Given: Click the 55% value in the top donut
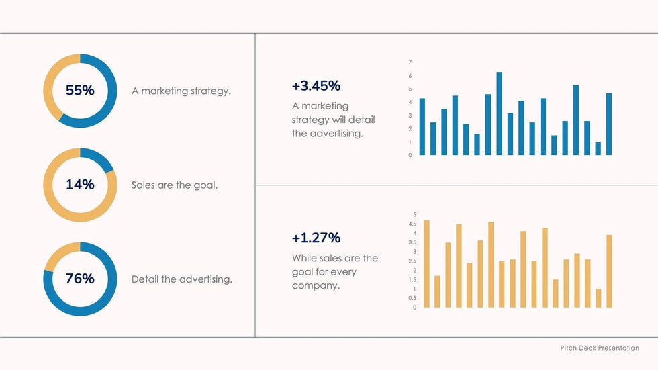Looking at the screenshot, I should (x=80, y=90).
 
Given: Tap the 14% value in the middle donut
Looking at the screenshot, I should (x=80, y=185).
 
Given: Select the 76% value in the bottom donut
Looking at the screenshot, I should (x=80, y=279).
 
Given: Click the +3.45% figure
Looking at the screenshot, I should (x=316, y=86).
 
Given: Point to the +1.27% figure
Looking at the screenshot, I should (x=316, y=238).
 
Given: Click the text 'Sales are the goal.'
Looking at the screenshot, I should (x=175, y=185).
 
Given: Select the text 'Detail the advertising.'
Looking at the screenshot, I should (x=182, y=279).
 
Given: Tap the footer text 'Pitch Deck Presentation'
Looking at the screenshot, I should (x=600, y=348).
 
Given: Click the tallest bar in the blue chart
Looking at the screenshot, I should (x=499, y=113).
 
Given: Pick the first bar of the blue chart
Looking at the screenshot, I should (x=422, y=127).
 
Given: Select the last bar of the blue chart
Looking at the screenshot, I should (x=609, y=124).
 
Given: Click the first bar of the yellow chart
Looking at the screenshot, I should (x=426, y=264).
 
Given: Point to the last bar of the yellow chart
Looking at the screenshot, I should (x=609, y=271).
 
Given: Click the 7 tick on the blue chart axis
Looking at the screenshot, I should (x=410, y=62).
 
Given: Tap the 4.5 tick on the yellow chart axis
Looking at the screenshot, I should (x=412, y=224).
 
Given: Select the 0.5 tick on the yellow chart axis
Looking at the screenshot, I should (x=412, y=298).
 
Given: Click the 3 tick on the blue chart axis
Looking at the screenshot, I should (x=410, y=115).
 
